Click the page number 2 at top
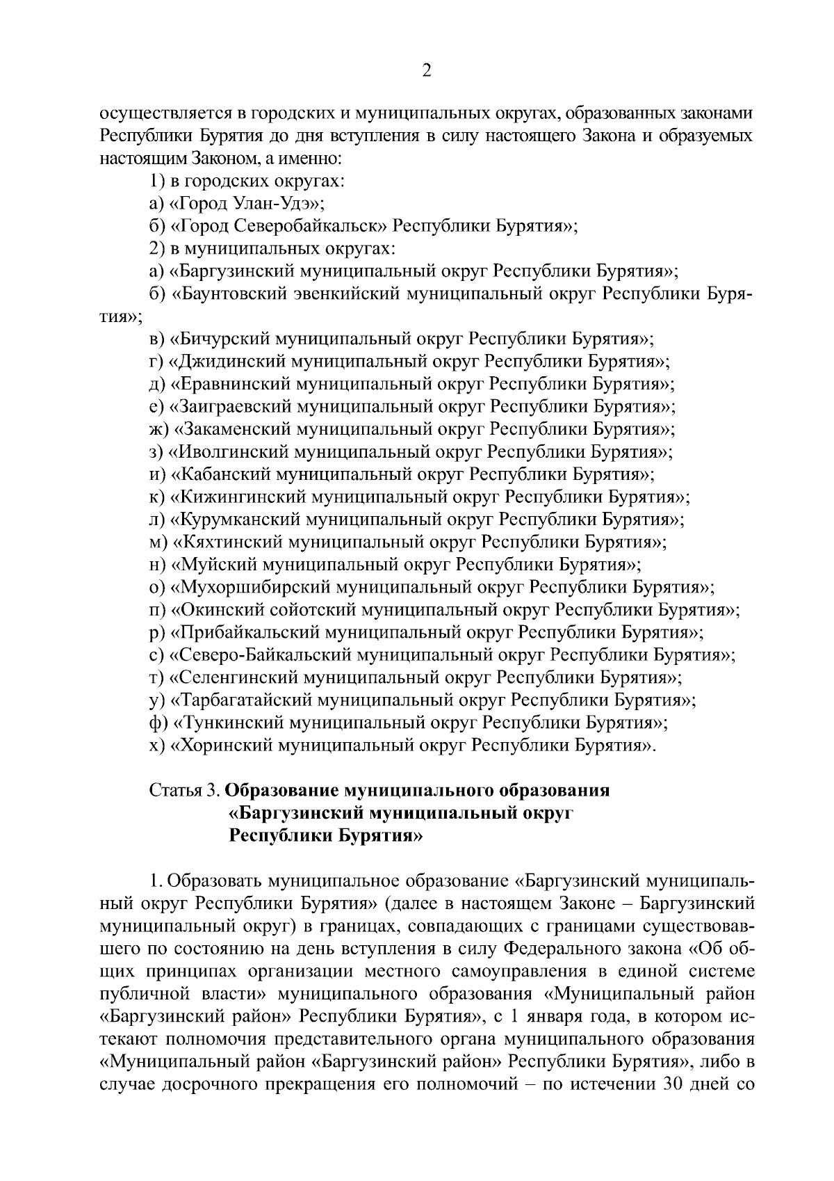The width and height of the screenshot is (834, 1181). point(427,71)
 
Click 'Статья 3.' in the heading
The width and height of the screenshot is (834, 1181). point(185,791)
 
